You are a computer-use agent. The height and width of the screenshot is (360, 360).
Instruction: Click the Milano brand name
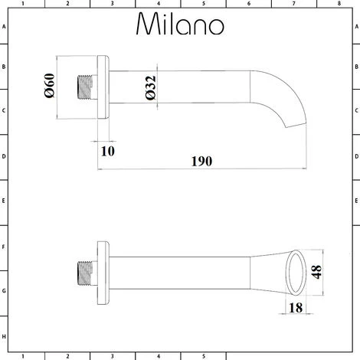pyautogui.click(x=181, y=25)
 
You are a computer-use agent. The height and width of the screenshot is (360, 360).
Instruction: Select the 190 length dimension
pyautogui.click(x=201, y=162)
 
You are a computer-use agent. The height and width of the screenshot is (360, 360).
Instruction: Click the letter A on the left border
pyautogui.click(x=4, y=25)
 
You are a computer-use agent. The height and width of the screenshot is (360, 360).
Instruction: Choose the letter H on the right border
pyautogui.click(x=355, y=336)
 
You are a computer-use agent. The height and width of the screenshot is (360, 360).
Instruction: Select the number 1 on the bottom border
pyautogui.click(x=23, y=355)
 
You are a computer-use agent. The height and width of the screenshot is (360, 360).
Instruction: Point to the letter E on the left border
pyautogui.click(x=4, y=202)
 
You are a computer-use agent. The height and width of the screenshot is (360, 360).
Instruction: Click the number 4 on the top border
pyautogui.click(x=158, y=4)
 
